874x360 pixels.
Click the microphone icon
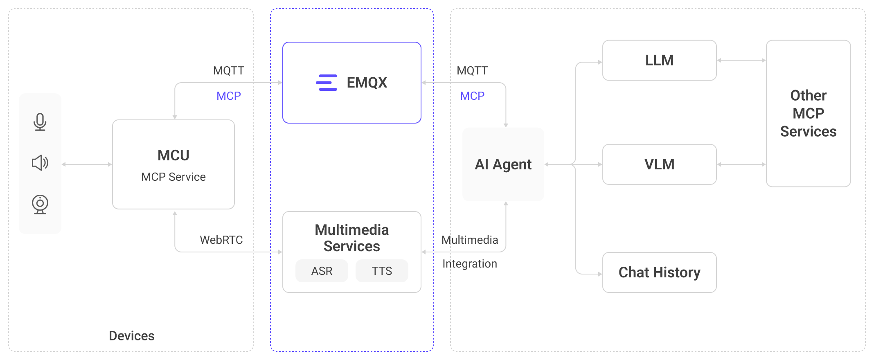[x=40, y=122]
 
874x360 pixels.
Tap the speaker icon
[x=40, y=163]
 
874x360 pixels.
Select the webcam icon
[x=40, y=204]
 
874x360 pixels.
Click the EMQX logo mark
[x=327, y=83]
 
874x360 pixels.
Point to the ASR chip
[x=322, y=271]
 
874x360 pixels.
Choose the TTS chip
[x=382, y=271]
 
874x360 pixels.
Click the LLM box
[x=659, y=61]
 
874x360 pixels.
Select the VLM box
[x=659, y=164]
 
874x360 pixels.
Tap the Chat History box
[x=659, y=272]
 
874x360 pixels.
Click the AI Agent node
[x=503, y=164]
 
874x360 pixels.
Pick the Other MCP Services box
[x=808, y=113]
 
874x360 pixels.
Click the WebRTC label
[x=221, y=240]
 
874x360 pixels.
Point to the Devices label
[x=131, y=336]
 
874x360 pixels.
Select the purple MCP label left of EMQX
[x=228, y=96]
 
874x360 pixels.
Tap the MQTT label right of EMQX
[x=472, y=71]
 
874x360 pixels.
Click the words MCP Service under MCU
[x=173, y=177]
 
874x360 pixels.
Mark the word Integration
[x=470, y=264]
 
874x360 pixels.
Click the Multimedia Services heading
[x=351, y=238]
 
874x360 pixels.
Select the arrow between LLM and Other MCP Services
[x=741, y=61]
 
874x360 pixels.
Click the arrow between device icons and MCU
[x=87, y=164]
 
